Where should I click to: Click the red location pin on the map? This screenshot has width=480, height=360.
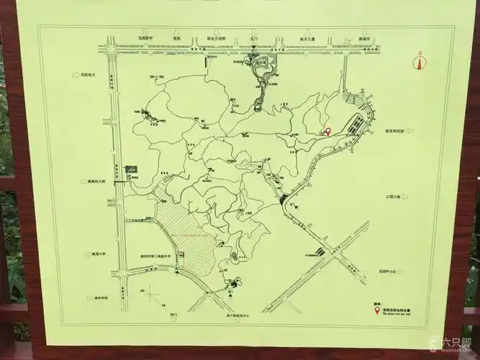pos(328,132)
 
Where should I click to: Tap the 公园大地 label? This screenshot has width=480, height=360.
pos(395,195)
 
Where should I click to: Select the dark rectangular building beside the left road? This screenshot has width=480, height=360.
pos(130,169)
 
